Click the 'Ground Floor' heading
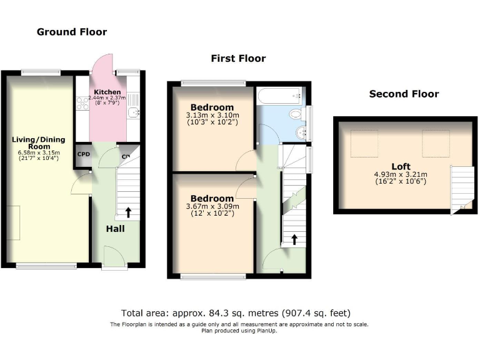[x=72, y=32]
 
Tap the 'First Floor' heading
[x=238, y=58]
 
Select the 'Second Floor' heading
[x=404, y=94]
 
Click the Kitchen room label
[x=107, y=92]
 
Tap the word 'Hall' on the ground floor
[x=115, y=229]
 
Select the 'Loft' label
[x=401, y=166]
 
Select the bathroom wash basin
[x=302, y=131]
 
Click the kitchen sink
[x=132, y=112]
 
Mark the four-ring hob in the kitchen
[x=82, y=104]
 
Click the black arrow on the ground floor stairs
[x=128, y=212]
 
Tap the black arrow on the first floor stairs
[x=294, y=239]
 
